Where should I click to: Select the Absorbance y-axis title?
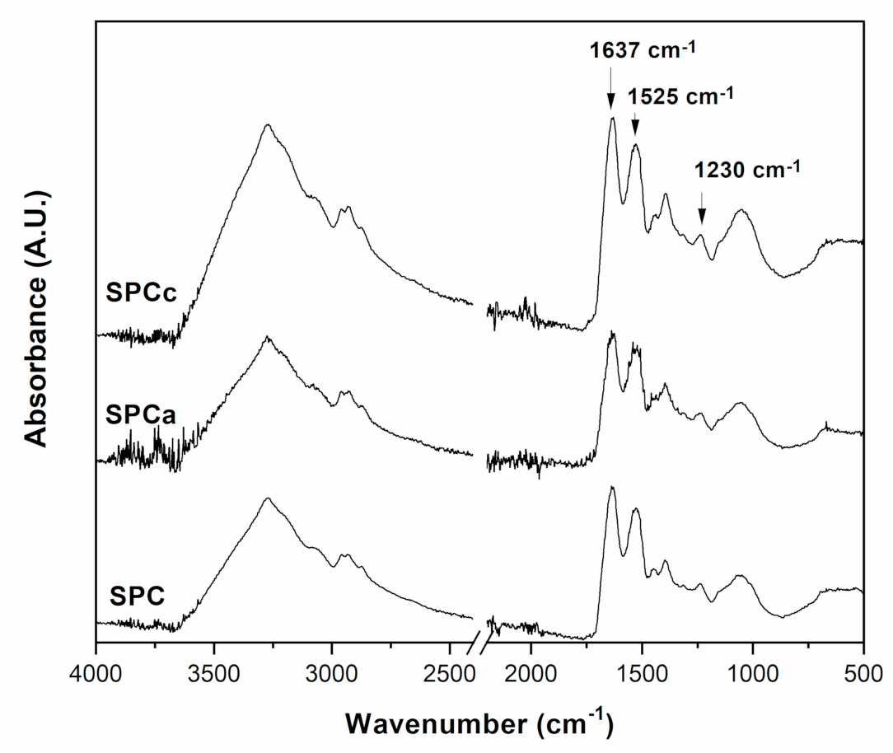(x=38, y=317)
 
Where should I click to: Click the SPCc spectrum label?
(x=141, y=294)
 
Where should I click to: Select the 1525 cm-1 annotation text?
(x=680, y=96)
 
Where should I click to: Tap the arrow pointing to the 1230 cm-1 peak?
(x=701, y=208)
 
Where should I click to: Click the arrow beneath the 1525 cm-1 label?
(x=635, y=124)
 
